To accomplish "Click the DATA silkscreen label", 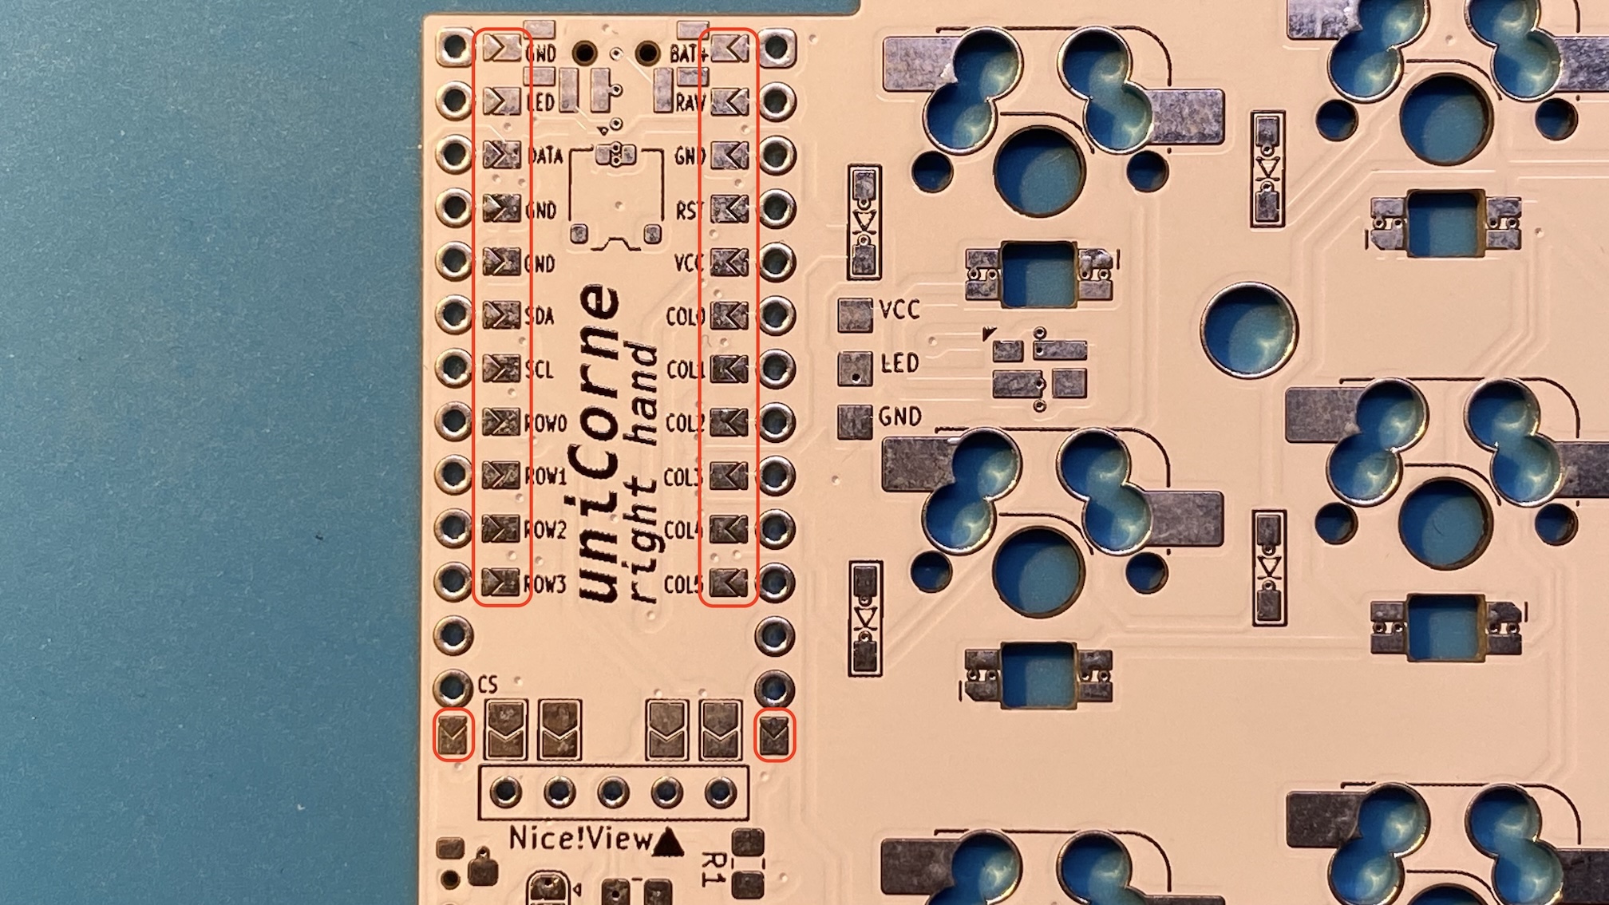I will [x=546, y=156].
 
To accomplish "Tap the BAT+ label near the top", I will [x=689, y=54].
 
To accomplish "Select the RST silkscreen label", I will [x=689, y=211].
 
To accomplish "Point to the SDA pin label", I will [x=540, y=317].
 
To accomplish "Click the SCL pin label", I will [x=540, y=370].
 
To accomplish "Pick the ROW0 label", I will [x=546, y=423].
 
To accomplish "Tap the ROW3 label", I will [x=546, y=585].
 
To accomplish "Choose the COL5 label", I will [x=684, y=585].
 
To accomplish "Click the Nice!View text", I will [x=580, y=839].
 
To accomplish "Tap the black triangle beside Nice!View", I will [x=668, y=842].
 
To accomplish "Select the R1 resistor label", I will [x=714, y=869].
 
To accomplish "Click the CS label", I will [x=488, y=685].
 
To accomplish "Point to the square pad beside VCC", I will [x=855, y=314].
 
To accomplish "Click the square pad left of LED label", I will [x=855, y=368].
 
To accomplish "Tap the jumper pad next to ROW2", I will [x=501, y=528].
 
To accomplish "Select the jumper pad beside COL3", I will [x=729, y=476].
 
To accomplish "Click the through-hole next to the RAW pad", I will [x=777, y=101].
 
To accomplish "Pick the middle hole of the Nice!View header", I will [x=613, y=792].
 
